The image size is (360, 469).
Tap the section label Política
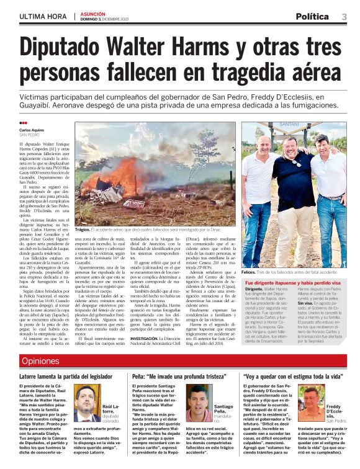coord(316,16)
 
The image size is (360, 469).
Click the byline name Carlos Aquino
coord(33,130)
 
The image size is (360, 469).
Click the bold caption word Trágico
coord(83,229)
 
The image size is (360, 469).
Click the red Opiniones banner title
coord(41,361)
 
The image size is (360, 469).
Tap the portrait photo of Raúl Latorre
coord(86,403)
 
